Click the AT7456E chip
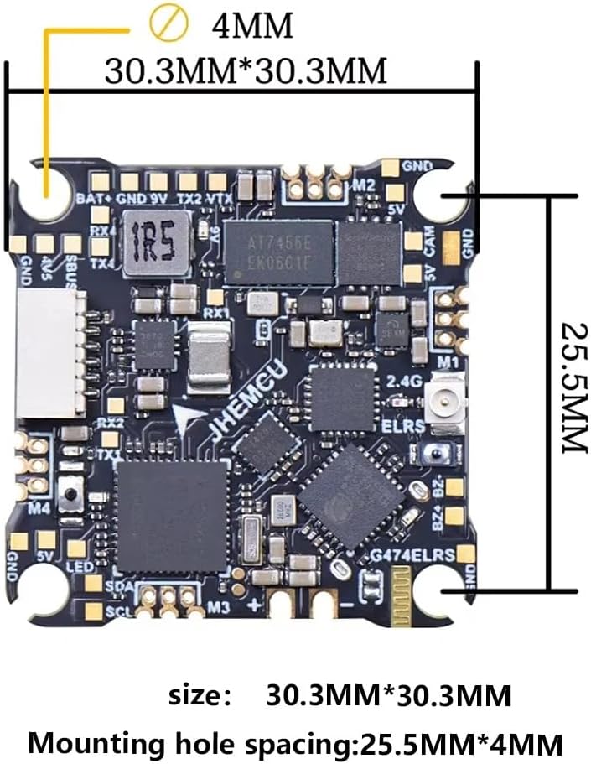click(278, 252)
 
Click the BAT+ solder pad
click(101, 181)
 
